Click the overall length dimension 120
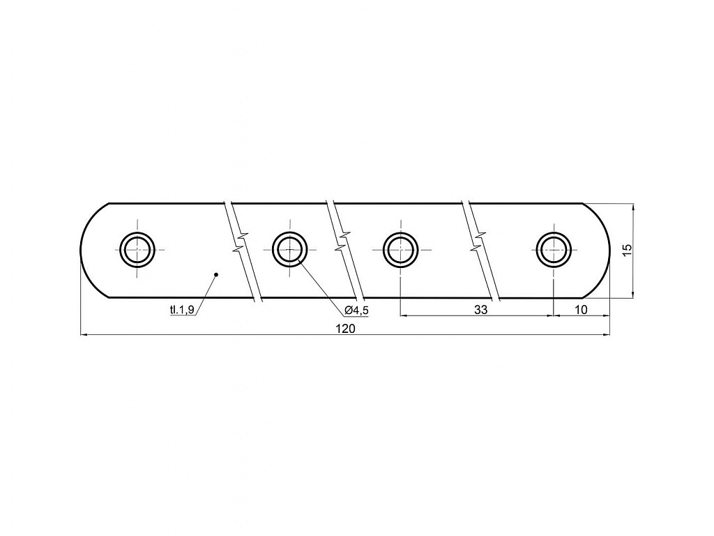(x=346, y=329)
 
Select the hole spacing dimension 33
(x=480, y=310)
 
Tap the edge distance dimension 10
(x=581, y=310)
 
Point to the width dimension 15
(x=627, y=249)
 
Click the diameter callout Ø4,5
(x=356, y=311)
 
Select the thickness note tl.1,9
(x=182, y=310)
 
